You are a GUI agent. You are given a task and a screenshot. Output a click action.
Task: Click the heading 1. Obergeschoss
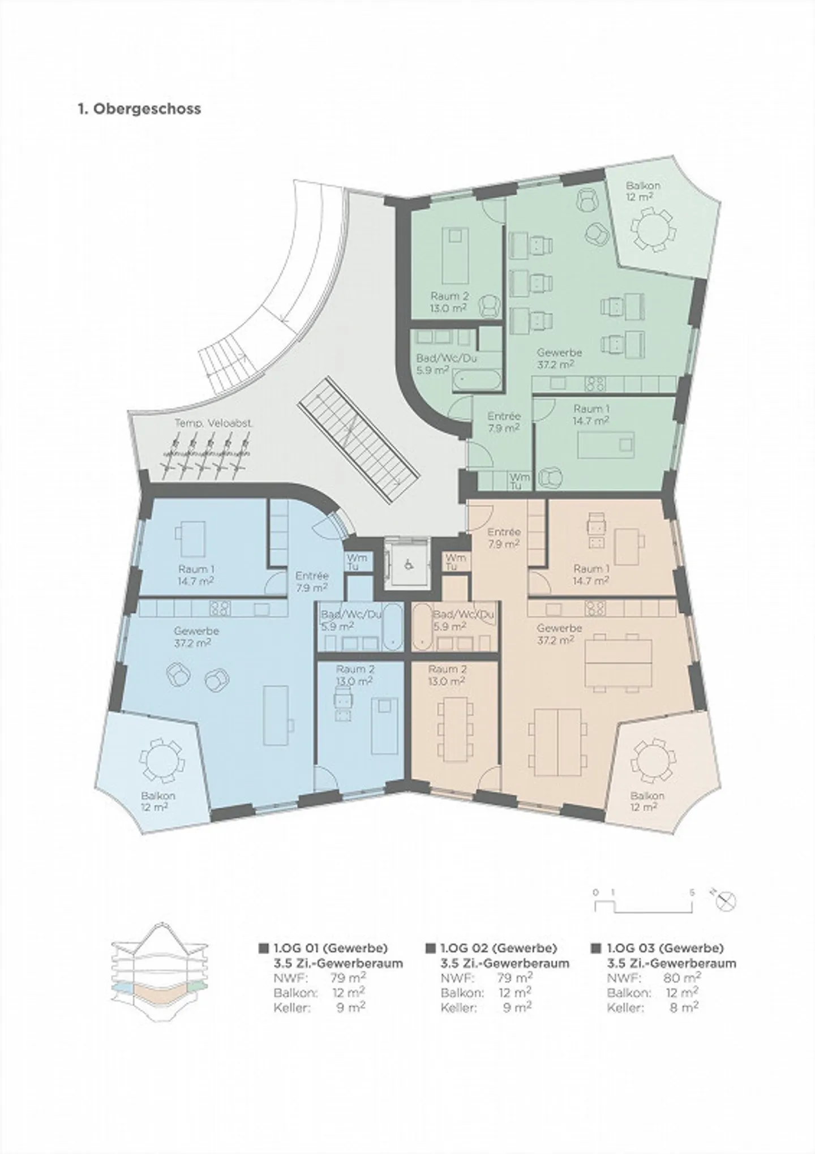point(139,109)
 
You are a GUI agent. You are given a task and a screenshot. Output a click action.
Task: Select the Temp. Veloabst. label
point(213,423)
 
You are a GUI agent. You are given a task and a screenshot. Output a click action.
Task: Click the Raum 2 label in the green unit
point(449,302)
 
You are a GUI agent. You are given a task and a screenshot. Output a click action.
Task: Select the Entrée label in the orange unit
point(504,538)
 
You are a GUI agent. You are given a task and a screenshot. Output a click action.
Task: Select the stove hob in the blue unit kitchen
point(220,608)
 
